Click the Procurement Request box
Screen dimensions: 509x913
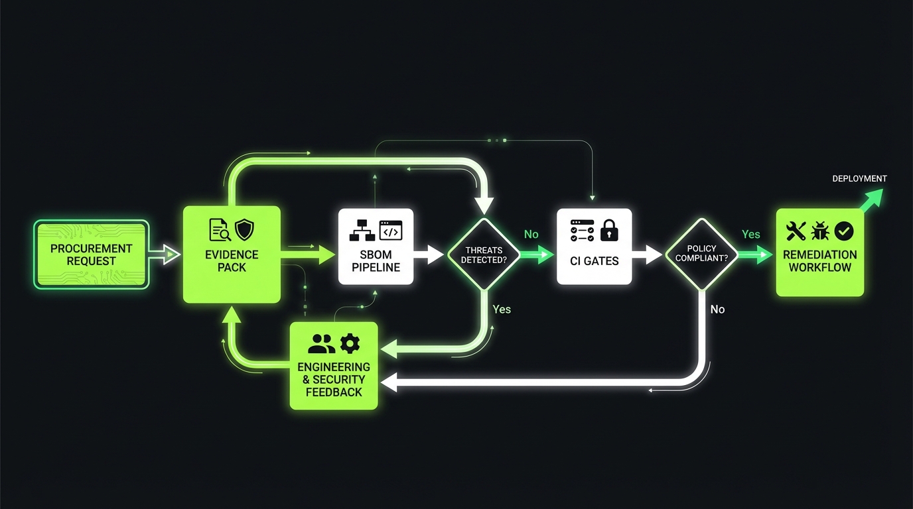92,254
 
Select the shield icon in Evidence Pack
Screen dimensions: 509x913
245,230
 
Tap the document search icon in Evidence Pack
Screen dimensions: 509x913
220,230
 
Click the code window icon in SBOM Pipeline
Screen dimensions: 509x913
391,230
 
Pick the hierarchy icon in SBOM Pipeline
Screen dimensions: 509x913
362,230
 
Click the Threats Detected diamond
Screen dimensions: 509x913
484,254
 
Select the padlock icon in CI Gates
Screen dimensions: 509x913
608,230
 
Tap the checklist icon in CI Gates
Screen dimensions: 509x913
582,230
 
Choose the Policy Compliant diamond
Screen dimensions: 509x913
701,254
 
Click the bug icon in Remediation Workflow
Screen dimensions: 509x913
820,231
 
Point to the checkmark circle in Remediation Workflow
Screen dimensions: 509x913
845,231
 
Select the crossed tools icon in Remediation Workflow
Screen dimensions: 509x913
796,231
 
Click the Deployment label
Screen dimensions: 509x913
859,178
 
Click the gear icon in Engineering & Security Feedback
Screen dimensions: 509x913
349,343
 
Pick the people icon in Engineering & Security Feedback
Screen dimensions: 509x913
322,343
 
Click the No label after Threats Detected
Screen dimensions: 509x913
531,235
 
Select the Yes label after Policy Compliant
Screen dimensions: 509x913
750,235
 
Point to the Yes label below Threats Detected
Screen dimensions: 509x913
502,310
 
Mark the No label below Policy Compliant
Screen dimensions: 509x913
717,310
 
